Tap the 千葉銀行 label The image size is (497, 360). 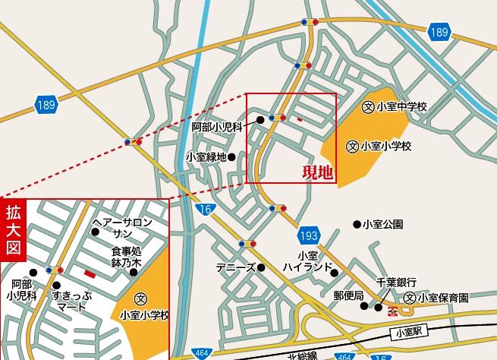(392, 281)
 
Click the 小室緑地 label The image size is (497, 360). (206, 157)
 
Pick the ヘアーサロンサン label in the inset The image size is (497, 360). (122, 229)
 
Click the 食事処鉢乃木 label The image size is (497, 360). (127, 257)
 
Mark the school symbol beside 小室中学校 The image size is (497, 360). (368, 107)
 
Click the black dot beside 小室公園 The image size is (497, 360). (356, 224)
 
